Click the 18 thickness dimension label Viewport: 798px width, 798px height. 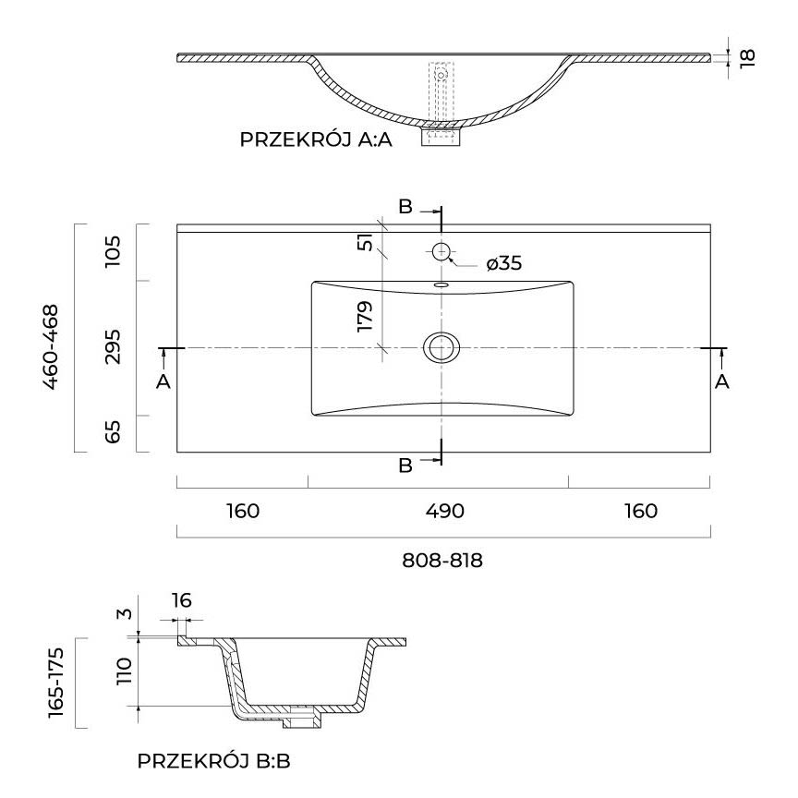748,56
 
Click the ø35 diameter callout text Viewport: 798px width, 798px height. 503,264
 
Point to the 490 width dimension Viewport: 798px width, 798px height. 444,511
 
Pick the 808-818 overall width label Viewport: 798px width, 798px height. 444,560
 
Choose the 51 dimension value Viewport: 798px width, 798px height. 366,242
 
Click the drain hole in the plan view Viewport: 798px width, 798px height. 441,347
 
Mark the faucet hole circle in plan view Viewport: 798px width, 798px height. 441,250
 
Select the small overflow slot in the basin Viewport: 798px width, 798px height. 441,285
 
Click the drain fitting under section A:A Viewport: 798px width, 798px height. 441,136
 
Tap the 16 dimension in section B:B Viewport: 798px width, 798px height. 181,601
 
